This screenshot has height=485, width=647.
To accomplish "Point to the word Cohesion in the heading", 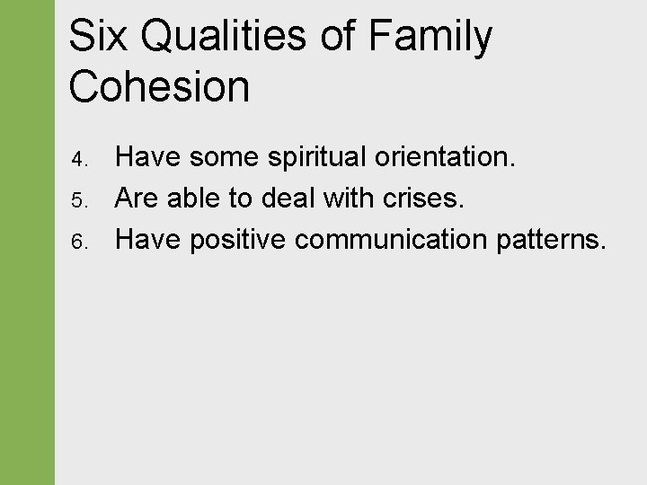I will point(159,87).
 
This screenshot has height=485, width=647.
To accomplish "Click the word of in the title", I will point(346,37).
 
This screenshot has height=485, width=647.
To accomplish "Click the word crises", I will point(420,198).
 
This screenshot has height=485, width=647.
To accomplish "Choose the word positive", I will point(237,240).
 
